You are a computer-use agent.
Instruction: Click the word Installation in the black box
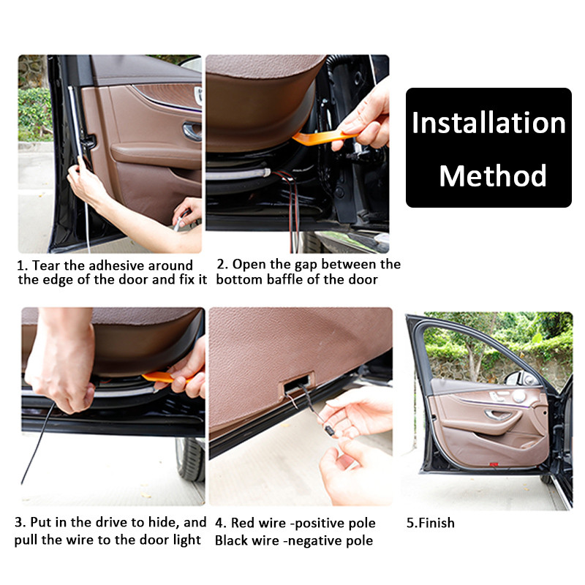[488, 124]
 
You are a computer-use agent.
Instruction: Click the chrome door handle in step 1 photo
[192, 131]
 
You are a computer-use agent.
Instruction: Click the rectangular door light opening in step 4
[295, 382]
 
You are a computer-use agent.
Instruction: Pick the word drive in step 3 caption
[107, 523]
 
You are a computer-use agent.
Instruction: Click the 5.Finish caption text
[430, 523]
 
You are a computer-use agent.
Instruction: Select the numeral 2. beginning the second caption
[222, 264]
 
